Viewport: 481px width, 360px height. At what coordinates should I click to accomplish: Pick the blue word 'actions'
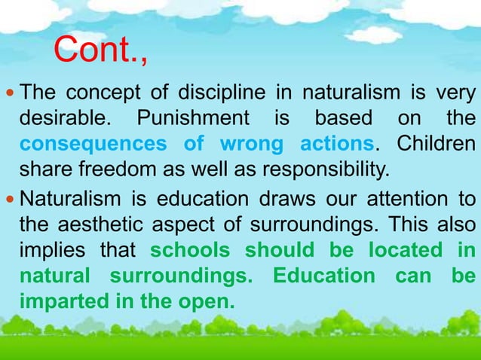pyautogui.click(x=336, y=143)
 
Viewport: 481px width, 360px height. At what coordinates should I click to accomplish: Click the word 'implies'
pyautogui.click(x=51, y=251)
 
